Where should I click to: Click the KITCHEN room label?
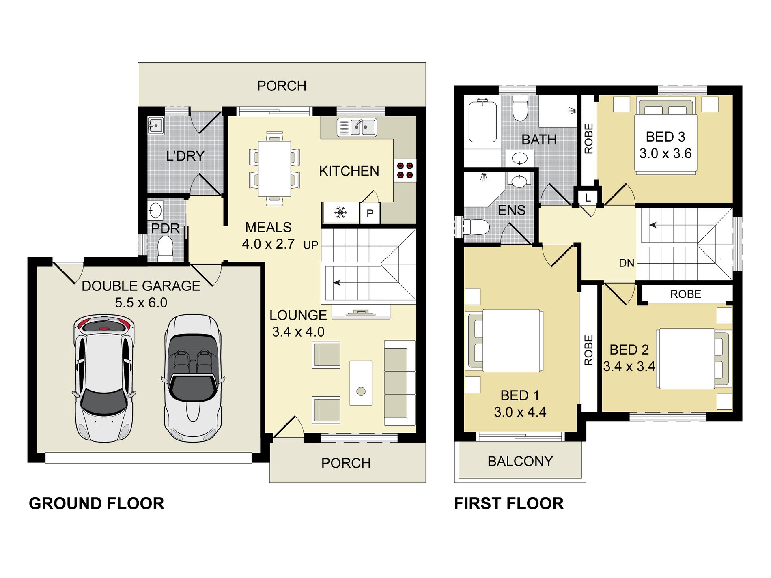pos(349,171)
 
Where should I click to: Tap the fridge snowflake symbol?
pos(340,212)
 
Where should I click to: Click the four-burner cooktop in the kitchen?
pos(405,170)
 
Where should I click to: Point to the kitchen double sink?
pos(357,127)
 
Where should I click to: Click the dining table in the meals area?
pos(274,168)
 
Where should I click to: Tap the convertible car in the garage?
pos(193,378)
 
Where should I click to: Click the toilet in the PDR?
pos(165,249)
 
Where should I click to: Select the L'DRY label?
pos(185,156)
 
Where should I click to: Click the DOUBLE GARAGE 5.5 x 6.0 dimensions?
pos(141,303)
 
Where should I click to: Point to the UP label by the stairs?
pos(311,245)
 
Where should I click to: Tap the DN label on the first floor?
pos(627,263)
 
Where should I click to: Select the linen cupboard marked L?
pos(588,198)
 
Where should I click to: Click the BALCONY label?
pos(520,461)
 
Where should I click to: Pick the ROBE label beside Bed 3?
pos(588,139)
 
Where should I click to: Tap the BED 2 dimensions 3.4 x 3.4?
pos(629,367)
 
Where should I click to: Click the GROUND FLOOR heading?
pos(97,503)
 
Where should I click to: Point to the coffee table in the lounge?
pos(361,383)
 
